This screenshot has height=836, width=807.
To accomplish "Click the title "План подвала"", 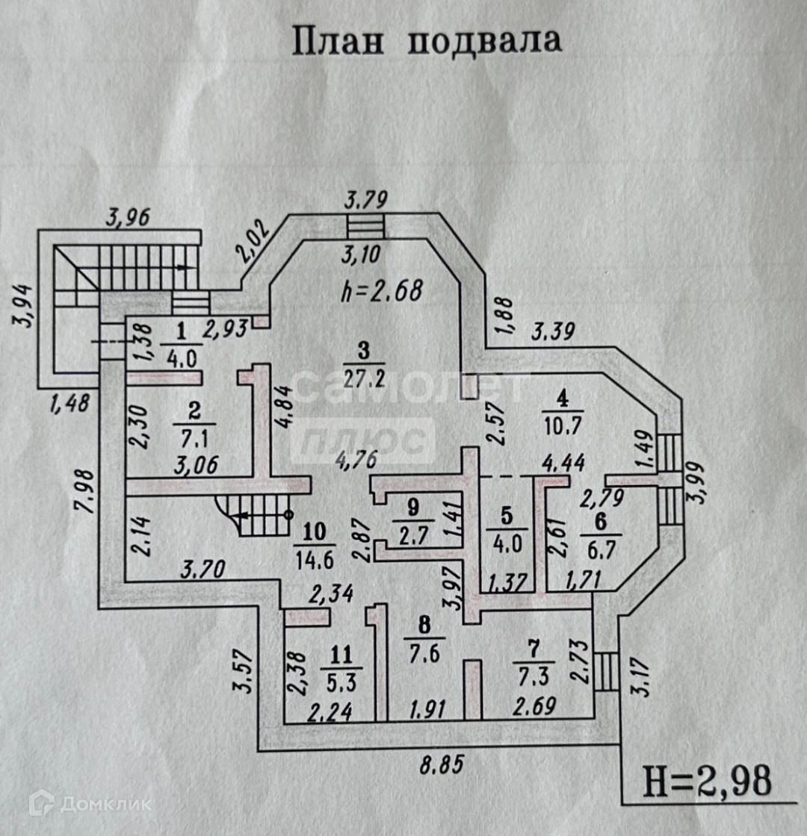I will coord(426,41).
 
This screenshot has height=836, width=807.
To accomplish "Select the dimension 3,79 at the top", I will coord(365,200).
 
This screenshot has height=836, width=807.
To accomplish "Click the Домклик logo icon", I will coord(41,803).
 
